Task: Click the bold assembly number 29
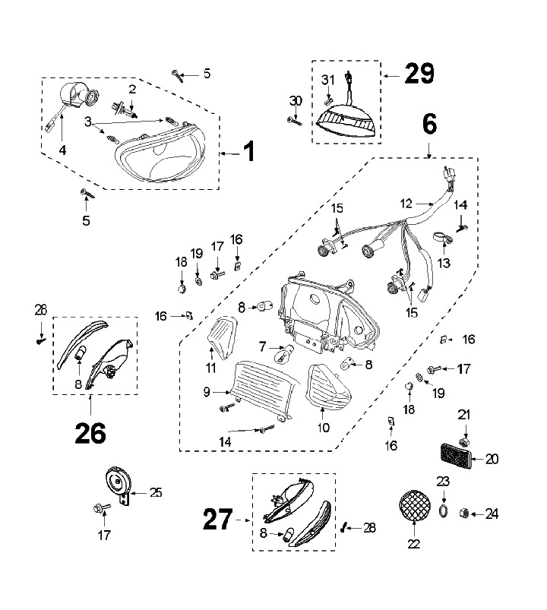(419, 73)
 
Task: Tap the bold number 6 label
(429, 124)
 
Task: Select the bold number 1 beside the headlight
(249, 151)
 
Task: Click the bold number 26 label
(90, 433)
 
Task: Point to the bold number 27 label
(218, 520)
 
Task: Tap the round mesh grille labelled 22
(415, 506)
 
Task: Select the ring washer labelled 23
(443, 511)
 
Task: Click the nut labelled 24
(464, 514)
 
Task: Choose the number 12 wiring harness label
(406, 204)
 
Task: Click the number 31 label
(328, 80)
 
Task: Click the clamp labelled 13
(443, 239)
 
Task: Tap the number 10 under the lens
(324, 428)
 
